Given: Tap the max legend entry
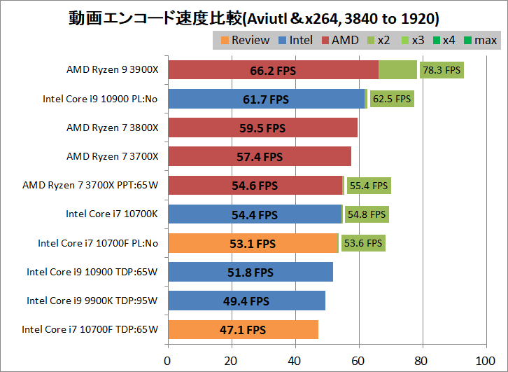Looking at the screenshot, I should point(480,40).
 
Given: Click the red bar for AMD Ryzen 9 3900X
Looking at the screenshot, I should point(273,70).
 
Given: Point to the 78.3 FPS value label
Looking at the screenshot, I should point(442,70).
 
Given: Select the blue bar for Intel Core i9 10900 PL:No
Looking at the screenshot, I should point(266,99).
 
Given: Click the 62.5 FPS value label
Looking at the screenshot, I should point(392,99).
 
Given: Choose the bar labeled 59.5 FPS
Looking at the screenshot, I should point(262,128).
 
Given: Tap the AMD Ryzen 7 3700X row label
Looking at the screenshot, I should point(113,156).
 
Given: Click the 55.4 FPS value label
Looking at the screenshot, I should point(369,186).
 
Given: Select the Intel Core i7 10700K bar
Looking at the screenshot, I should point(254,214).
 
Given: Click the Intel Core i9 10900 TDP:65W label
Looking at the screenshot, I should point(92,272).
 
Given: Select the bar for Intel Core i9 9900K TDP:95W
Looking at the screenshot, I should point(246,301).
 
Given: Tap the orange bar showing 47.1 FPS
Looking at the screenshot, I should point(242,330).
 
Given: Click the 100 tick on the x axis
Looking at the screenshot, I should point(485,361).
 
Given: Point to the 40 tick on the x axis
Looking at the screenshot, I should point(295,361).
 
